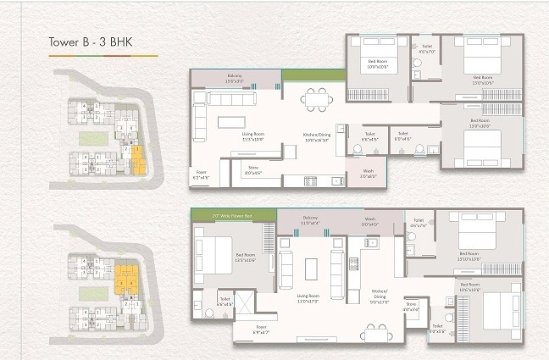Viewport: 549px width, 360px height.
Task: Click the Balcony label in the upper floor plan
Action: pyautogui.click(x=235, y=79)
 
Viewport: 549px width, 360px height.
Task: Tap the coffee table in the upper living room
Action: pyautogui.click(x=231, y=121)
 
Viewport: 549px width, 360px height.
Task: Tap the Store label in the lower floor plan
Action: pyautogui.click(x=412, y=306)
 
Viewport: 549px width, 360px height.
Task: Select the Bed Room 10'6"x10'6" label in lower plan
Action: pyautogui.click(x=470, y=285)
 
